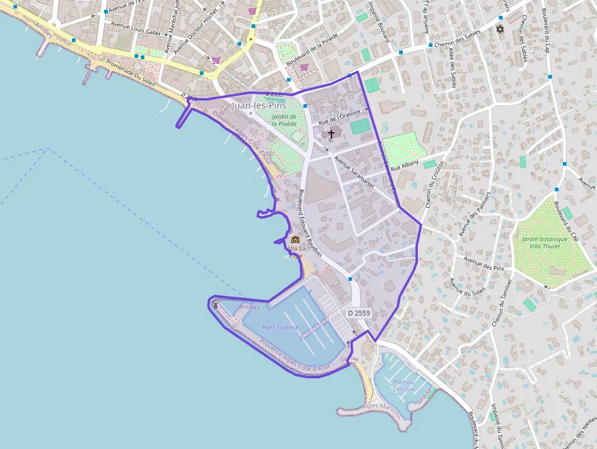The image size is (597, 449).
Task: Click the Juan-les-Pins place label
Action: click(259, 105)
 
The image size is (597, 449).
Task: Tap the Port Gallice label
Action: click(280, 327)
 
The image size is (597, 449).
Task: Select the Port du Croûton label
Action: click(404, 386)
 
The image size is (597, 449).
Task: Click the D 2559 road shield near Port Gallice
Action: click(359, 313)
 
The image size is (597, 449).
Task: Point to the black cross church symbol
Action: click(331, 133)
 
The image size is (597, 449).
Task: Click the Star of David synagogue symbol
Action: click(501, 29)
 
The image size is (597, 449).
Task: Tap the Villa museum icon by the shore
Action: click(295, 239)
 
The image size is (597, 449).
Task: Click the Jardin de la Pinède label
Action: click(284, 120)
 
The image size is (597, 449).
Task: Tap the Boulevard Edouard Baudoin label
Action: click(310, 223)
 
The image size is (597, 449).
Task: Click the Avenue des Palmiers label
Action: click(475, 218)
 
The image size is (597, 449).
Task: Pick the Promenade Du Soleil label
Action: click(131, 73)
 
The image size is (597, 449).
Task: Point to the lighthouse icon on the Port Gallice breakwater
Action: click(215, 304)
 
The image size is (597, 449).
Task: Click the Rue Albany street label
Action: click(405, 164)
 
